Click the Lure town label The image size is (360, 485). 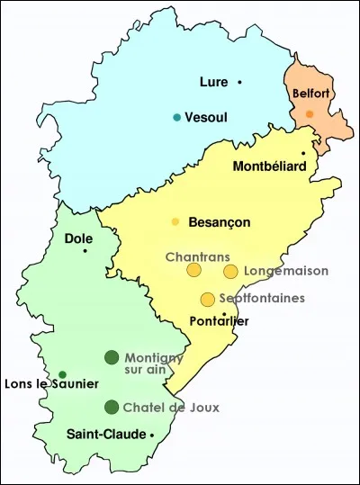click(x=212, y=83)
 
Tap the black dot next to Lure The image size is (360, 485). click(x=240, y=83)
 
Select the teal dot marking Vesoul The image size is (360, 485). click(x=177, y=117)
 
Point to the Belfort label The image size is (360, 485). click(x=310, y=93)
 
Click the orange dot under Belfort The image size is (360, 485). click(x=310, y=113)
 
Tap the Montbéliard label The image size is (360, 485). click(x=268, y=166)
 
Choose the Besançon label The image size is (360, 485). click(x=220, y=222)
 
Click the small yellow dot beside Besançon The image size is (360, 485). click(x=175, y=221)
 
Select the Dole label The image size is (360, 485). click(x=78, y=238)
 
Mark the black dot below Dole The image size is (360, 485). click(x=85, y=250)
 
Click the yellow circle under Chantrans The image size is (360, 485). click(x=193, y=270)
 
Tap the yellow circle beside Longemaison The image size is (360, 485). click(x=230, y=271)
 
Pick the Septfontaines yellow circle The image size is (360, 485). click(x=208, y=299)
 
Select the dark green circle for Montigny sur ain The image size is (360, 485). click(x=112, y=357)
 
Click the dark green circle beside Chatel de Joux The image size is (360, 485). click(x=112, y=407)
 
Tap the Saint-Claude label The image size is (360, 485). click(x=106, y=435)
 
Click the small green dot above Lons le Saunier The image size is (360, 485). click(x=62, y=374)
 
